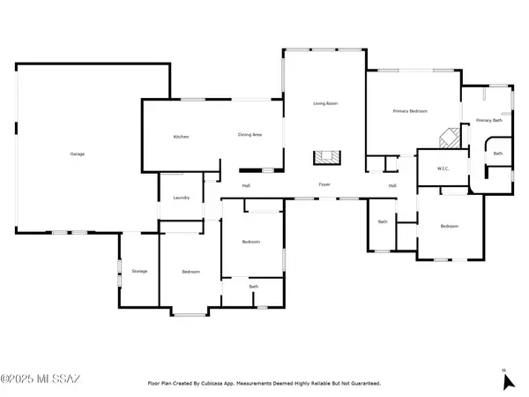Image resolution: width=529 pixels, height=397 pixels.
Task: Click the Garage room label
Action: [x=78, y=154]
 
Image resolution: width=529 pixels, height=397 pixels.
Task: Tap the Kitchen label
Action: [x=181, y=137]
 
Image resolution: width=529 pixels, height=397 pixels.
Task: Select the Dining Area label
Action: [x=250, y=135]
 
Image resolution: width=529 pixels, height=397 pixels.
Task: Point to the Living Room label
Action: [x=325, y=104]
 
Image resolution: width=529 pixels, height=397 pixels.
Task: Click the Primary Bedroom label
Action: [x=410, y=111]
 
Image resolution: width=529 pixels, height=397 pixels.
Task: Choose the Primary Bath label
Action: [x=488, y=120]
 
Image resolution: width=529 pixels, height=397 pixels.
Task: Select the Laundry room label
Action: [x=182, y=198]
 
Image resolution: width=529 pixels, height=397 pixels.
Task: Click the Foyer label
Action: [x=324, y=184]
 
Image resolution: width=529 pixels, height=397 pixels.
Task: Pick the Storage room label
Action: [x=139, y=271]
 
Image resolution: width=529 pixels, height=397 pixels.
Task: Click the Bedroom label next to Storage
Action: [x=190, y=272]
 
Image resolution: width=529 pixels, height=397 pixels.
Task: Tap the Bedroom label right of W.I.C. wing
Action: [x=450, y=227]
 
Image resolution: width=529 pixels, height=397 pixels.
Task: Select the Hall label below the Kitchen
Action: [x=247, y=185]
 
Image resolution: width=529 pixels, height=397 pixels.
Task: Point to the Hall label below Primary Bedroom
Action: [x=392, y=185]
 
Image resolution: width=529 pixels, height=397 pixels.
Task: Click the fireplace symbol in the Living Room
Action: [x=325, y=158]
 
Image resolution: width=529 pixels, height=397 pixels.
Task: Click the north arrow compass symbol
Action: [x=507, y=380]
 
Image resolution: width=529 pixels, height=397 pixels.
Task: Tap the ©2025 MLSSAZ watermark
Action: [x=41, y=379]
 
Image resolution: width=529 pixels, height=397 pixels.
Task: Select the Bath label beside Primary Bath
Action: [x=498, y=154]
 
